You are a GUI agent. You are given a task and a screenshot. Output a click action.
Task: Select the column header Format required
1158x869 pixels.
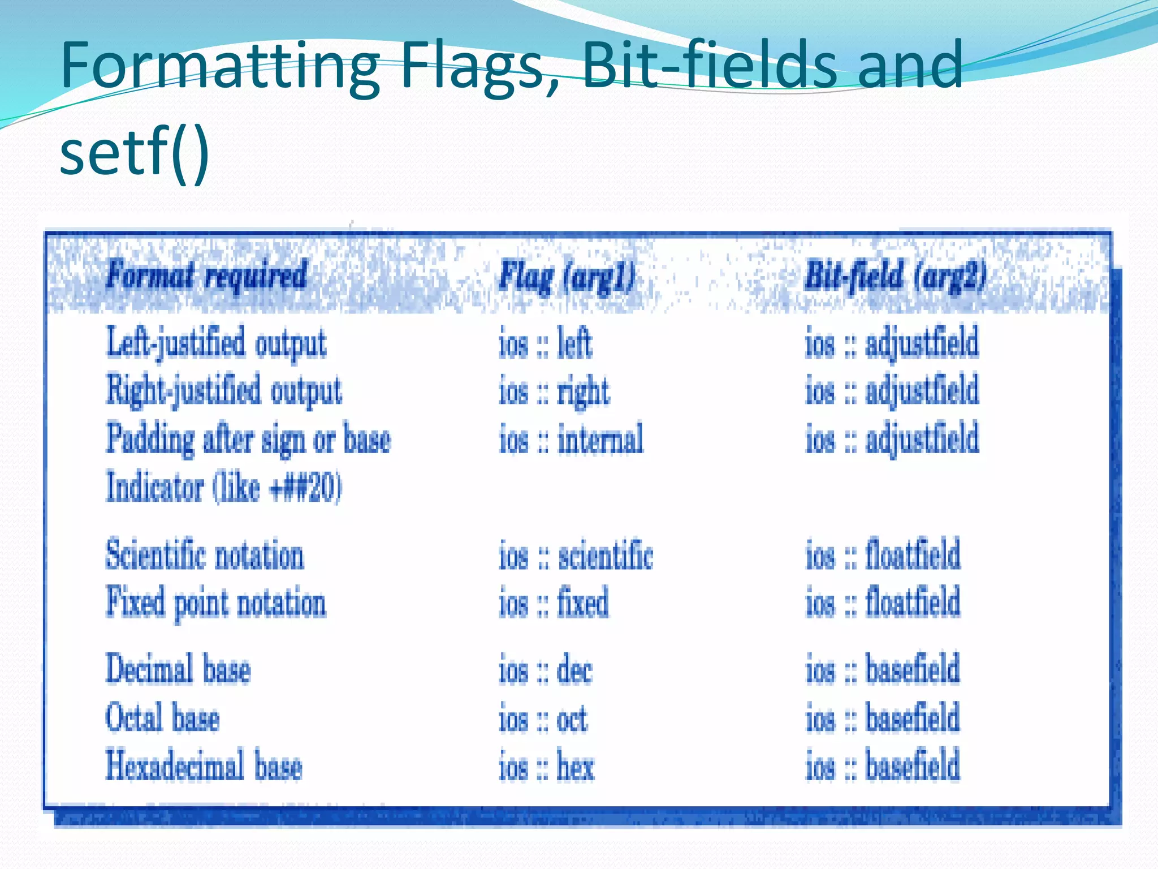pyautogui.click(x=207, y=276)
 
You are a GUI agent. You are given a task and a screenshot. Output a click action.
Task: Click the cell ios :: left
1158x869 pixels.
pyautogui.click(x=546, y=343)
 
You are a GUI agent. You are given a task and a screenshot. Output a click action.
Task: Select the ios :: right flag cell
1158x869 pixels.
pyautogui.click(x=554, y=392)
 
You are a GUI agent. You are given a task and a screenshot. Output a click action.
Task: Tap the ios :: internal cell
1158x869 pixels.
pyautogui.click(x=571, y=439)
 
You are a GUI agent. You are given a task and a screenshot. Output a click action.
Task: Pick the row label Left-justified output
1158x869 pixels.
pyautogui.click(x=217, y=343)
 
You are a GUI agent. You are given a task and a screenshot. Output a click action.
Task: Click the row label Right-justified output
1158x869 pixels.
pyautogui.click(x=224, y=391)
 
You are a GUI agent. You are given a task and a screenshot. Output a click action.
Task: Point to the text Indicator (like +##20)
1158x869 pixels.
pyautogui.click(x=224, y=487)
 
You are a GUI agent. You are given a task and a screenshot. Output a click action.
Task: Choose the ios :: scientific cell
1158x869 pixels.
pyautogui.click(x=576, y=555)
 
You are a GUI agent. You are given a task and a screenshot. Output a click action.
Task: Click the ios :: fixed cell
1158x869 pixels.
pyautogui.click(x=554, y=603)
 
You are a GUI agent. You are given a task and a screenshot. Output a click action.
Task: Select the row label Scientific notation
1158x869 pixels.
pyautogui.click(x=205, y=555)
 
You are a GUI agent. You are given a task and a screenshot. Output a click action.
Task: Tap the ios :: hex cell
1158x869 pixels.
pyautogui.click(x=546, y=767)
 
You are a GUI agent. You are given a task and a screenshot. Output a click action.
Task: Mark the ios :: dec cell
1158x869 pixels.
pyautogui.click(x=546, y=671)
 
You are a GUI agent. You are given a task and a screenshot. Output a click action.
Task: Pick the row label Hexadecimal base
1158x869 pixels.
pyautogui.click(x=204, y=766)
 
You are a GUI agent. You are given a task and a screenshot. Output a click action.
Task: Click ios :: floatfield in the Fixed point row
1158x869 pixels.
pyautogui.click(x=883, y=603)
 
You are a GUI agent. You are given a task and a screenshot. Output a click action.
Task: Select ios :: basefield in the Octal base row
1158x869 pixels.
pyautogui.click(x=883, y=719)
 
